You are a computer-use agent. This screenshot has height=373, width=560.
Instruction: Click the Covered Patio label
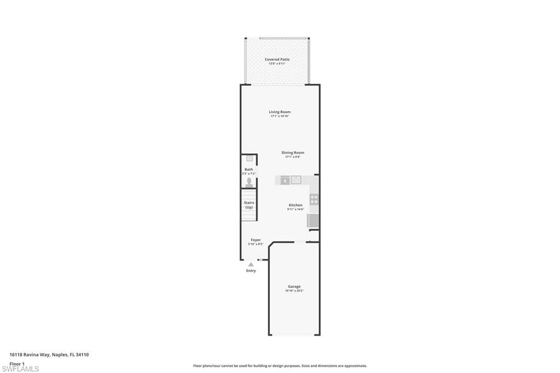277,59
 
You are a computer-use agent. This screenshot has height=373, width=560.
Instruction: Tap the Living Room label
279,112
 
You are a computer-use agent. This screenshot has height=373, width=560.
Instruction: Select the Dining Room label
293,153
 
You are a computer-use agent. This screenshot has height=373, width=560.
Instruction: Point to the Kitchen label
295,205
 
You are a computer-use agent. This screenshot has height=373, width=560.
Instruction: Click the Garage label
294,287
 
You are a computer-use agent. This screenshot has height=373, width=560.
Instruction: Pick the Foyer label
255,240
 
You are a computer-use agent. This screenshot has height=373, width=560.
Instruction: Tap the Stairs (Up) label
249,205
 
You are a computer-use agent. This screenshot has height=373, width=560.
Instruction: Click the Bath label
249,170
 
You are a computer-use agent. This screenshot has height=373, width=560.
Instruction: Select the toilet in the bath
249,182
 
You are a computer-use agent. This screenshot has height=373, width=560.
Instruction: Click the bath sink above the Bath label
249,159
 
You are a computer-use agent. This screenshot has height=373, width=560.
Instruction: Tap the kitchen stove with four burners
314,200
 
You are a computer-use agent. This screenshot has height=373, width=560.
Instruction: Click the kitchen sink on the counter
296,180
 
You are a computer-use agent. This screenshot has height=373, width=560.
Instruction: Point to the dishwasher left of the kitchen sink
285,180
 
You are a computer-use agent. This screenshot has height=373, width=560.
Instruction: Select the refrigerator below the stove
313,220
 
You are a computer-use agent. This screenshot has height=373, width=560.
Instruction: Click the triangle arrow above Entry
251,264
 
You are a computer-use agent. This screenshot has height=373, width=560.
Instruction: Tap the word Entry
251,271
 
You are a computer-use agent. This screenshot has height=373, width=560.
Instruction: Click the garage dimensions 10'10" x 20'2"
294,291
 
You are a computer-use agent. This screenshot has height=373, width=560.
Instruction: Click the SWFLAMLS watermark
20,369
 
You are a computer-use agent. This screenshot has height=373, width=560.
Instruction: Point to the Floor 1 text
17,363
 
